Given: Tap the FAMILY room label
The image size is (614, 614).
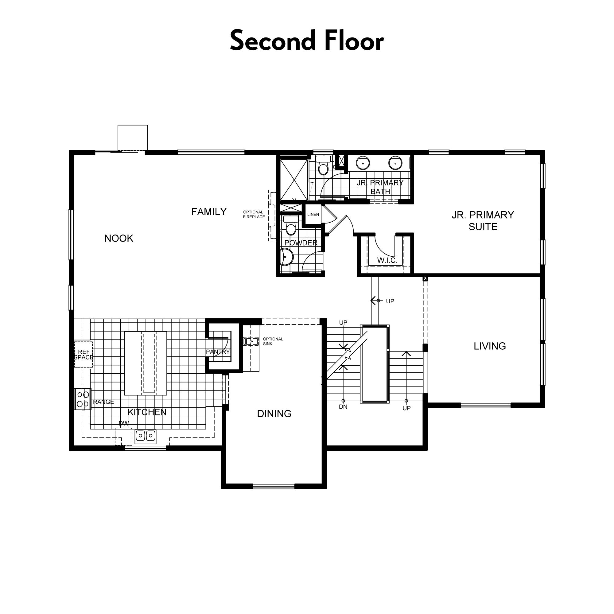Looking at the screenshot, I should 209,212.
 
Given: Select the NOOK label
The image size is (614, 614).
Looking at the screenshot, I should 119,238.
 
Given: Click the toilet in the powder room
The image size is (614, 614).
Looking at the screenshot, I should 291,226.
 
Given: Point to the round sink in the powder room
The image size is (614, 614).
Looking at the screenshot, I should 286,257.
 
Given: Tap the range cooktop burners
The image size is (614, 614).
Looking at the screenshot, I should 83,399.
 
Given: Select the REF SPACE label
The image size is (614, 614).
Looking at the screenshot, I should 84,355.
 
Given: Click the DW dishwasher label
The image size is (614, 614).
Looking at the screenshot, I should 124,423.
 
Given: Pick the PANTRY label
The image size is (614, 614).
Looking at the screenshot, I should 218,352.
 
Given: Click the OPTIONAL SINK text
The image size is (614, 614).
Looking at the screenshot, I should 273,341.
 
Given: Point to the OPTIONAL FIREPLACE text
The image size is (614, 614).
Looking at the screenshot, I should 254,215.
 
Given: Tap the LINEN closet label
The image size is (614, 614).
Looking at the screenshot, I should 313,215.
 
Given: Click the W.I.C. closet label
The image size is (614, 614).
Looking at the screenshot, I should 387,260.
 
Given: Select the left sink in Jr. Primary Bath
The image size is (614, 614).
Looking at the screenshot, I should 363,163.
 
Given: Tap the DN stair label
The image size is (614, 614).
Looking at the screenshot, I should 343,407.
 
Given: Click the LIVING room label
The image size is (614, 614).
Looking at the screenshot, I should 489,346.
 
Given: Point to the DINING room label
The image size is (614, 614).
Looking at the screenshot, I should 274,414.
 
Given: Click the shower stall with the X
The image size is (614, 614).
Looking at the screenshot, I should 294,180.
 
